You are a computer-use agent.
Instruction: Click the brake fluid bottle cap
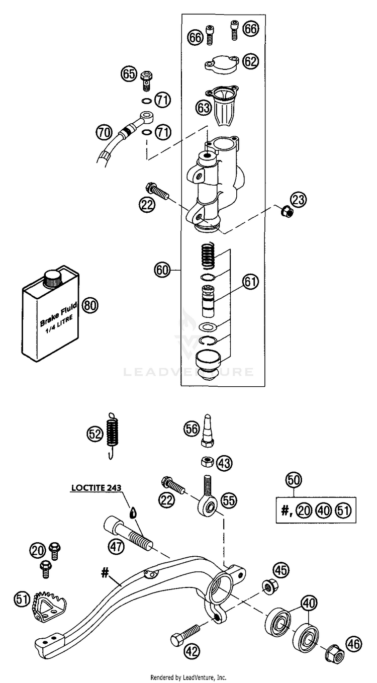(52, 278)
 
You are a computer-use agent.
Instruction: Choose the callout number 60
(162, 271)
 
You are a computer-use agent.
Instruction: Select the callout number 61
(250, 282)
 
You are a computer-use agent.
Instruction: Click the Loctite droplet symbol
(133, 513)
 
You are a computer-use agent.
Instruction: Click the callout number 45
(281, 570)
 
